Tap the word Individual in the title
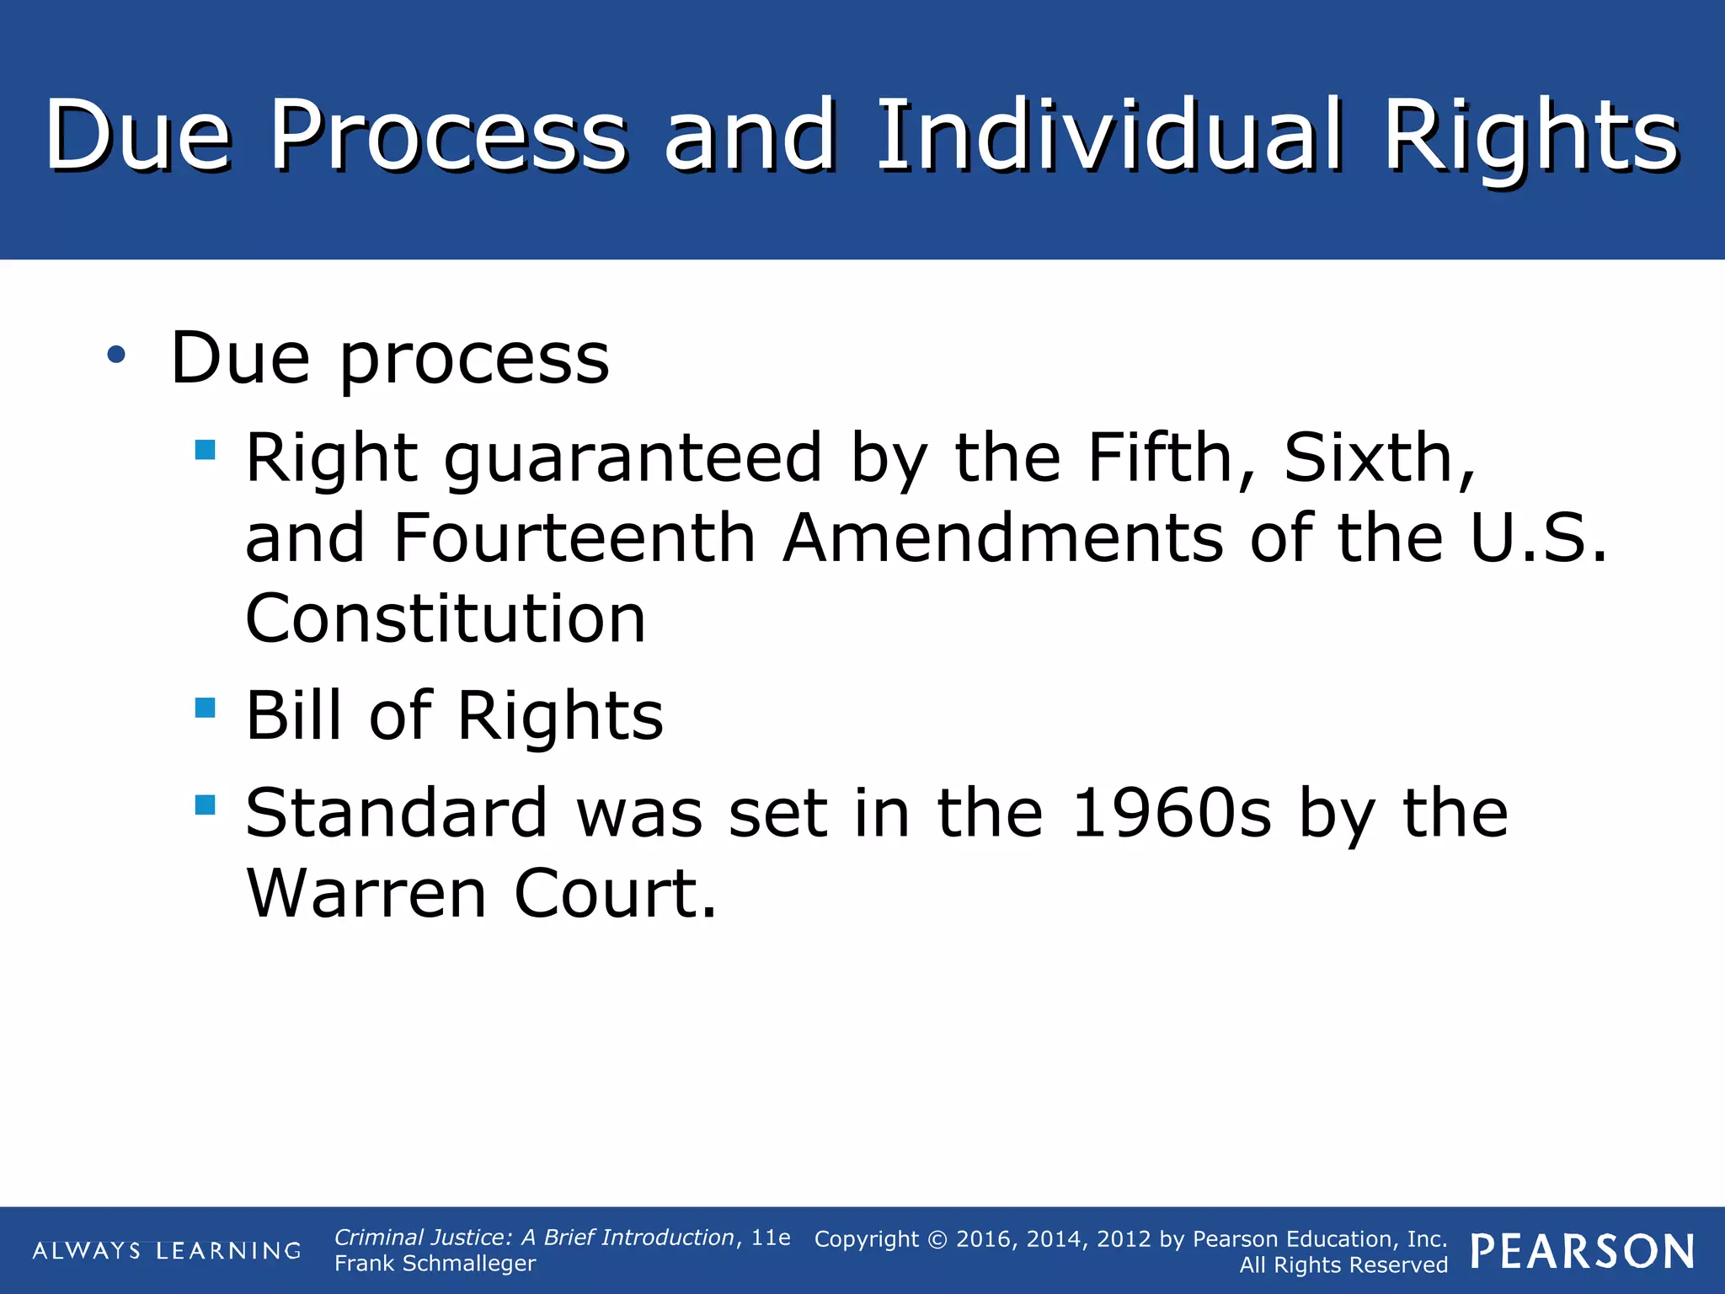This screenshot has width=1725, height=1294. point(1108,135)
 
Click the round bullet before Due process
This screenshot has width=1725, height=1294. point(116,355)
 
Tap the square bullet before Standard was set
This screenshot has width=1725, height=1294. point(205,805)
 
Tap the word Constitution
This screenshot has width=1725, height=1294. point(446,618)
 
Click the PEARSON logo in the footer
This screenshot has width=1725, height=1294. point(1582,1251)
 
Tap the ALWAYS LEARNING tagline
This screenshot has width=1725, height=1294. point(167,1250)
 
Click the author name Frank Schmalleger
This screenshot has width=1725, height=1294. point(435,1264)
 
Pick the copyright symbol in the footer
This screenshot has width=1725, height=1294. point(937,1239)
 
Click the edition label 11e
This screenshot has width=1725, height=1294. point(771,1238)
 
